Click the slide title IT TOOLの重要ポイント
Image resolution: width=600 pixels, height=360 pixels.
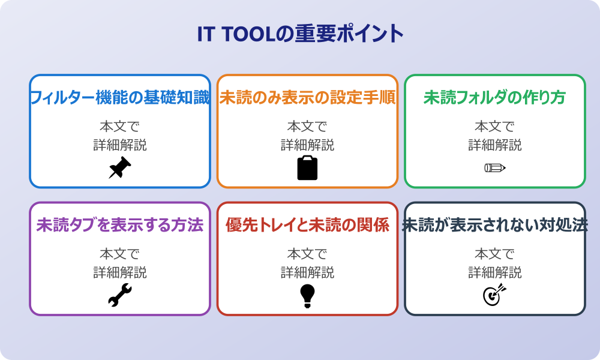(x=300, y=34)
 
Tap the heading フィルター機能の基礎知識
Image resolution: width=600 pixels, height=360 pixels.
(x=120, y=98)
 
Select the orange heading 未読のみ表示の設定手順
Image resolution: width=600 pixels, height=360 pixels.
(x=307, y=98)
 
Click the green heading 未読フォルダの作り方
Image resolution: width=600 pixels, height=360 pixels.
(x=494, y=98)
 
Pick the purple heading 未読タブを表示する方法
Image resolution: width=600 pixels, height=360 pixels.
(x=120, y=226)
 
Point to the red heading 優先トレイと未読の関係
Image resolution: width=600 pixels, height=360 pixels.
(x=307, y=226)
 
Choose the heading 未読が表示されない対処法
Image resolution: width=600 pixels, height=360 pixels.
(x=494, y=226)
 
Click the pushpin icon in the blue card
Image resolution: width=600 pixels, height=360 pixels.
(x=120, y=167)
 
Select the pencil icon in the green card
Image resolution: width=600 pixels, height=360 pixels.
(x=494, y=167)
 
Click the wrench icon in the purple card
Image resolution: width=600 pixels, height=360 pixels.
(x=120, y=295)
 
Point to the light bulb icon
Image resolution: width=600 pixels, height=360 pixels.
(x=307, y=295)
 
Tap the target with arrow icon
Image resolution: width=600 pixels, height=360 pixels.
(x=494, y=295)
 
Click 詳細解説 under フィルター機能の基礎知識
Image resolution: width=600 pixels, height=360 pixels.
(x=120, y=145)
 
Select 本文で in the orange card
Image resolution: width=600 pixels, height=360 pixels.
(x=307, y=127)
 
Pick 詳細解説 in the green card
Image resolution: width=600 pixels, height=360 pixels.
(x=494, y=145)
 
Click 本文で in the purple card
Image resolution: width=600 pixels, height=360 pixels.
(x=120, y=254)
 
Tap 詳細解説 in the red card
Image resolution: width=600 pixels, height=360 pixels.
(x=307, y=272)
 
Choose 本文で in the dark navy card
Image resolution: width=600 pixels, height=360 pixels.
(x=494, y=254)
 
